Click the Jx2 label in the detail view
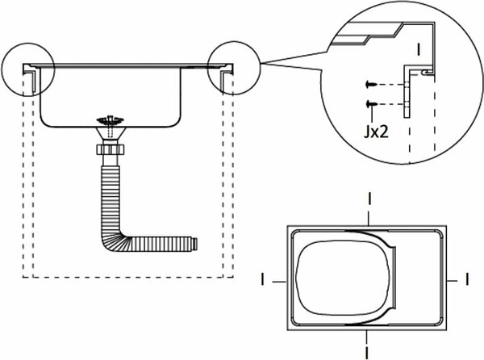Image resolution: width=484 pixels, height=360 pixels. click(x=376, y=132)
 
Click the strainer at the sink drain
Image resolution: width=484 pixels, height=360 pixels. click(x=111, y=119)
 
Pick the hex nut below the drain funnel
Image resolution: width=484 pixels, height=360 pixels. click(x=111, y=150)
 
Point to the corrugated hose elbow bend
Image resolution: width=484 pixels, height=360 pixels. click(x=115, y=240)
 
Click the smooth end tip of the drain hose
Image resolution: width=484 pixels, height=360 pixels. click(x=194, y=244)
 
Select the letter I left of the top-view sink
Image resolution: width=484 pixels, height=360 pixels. click(x=263, y=278)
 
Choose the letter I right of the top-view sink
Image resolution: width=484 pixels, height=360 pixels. click(x=467, y=278)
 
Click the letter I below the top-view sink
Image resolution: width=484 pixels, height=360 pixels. click(x=367, y=353)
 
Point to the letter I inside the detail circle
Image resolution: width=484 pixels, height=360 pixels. click(x=419, y=49)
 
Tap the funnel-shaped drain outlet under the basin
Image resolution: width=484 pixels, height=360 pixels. click(x=111, y=133)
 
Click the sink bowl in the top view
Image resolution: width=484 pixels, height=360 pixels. click(x=343, y=278)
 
